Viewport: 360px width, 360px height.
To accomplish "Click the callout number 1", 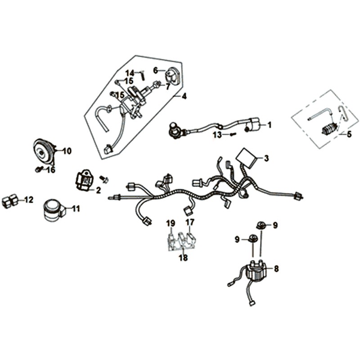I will (x=270, y=125).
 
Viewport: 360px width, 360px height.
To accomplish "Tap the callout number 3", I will (x=266, y=158).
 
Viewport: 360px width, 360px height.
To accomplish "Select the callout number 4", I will (x=184, y=96).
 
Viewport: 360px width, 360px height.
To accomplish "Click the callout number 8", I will (x=276, y=269).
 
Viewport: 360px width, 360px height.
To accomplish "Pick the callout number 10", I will (x=67, y=151).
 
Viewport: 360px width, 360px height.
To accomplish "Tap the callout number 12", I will (x=29, y=200).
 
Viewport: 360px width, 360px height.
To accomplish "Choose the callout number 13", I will (x=217, y=135).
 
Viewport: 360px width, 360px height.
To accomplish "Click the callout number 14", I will (x=130, y=73).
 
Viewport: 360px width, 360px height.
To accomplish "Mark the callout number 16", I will (x=51, y=170).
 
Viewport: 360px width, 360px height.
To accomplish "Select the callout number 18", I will (x=183, y=258).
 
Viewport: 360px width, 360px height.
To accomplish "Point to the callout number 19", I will (x=170, y=223).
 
